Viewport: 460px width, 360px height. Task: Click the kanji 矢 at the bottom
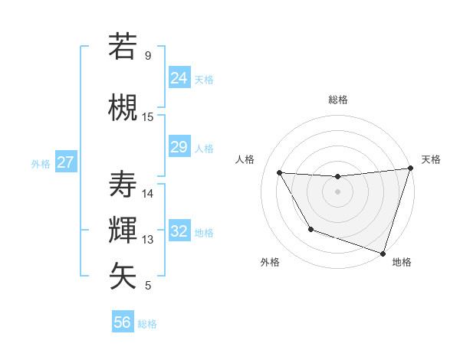[x=123, y=277]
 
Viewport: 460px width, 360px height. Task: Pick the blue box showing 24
[x=179, y=78]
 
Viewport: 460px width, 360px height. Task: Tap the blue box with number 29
[x=179, y=147]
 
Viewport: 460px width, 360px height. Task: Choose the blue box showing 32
[x=179, y=231]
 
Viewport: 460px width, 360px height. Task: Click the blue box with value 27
[x=65, y=162]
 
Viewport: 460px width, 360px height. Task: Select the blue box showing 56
[x=122, y=322]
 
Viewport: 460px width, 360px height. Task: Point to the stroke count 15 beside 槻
[x=148, y=117]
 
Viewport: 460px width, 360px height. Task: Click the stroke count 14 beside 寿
[x=148, y=194]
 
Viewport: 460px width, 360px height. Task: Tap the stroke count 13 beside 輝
[x=148, y=240]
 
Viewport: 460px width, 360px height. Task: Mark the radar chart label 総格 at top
[x=337, y=100]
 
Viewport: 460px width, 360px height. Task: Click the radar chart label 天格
[x=431, y=159]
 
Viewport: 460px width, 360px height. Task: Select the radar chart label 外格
[x=270, y=262]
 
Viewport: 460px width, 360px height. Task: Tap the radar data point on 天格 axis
[x=410, y=169]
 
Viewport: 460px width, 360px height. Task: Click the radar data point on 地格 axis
[x=383, y=253]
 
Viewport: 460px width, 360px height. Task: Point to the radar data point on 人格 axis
[x=280, y=173]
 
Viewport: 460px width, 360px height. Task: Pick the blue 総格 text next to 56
[x=147, y=324]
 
